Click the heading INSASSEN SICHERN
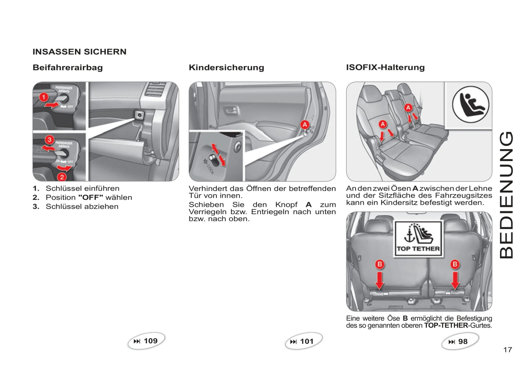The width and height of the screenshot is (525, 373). point(80,52)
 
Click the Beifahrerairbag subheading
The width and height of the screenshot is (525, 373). point(68,67)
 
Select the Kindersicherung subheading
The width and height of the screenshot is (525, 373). point(226,67)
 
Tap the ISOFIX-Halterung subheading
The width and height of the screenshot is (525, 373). point(385,67)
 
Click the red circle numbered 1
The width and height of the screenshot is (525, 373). point(44,97)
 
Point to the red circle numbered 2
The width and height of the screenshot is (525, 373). point(62,177)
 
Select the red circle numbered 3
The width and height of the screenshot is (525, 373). point(49,140)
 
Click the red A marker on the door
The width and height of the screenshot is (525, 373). point(304,125)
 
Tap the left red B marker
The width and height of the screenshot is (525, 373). point(380,264)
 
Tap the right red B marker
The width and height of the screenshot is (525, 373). point(455,264)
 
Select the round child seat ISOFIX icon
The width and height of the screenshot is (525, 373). point(471,104)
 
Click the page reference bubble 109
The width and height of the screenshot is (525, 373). point(146,341)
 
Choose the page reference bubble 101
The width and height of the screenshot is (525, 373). point(303,341)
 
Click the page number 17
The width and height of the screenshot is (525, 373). point(508,350)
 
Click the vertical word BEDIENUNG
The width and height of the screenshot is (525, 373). point(506,195)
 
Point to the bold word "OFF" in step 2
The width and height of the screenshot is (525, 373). point(91,197)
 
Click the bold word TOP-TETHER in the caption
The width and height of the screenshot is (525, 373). point(446,325)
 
